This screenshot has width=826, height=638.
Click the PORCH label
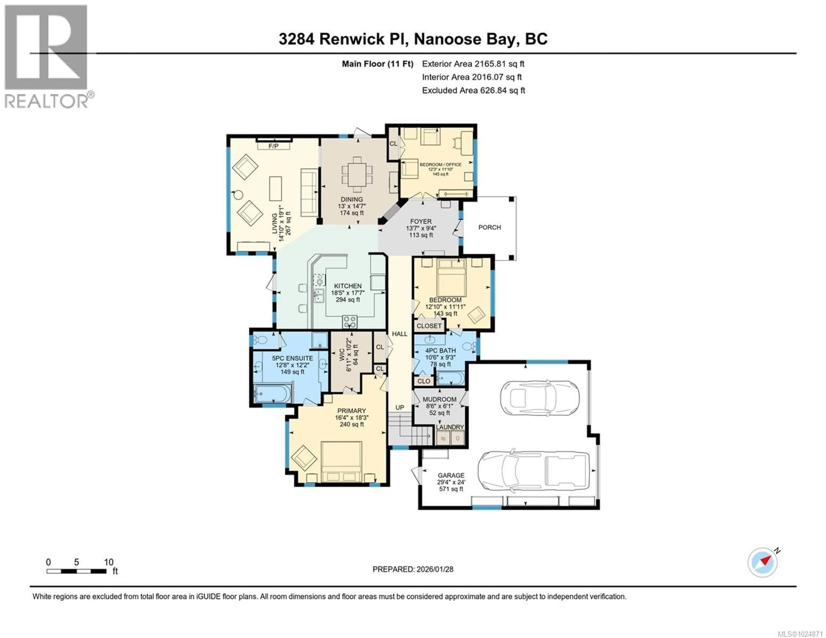[489, 227]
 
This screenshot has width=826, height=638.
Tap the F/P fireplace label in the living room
[273, 146]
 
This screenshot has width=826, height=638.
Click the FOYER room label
[421, 222]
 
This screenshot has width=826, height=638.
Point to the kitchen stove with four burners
[350, 322]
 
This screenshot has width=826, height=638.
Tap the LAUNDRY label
[450, 427]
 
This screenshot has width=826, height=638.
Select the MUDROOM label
[439, 399]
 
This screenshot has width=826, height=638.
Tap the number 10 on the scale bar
[109, 562]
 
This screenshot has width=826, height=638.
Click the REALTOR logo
[47, 57]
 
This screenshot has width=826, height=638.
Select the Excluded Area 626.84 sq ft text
[473, 90]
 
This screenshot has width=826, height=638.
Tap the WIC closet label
[342, 355]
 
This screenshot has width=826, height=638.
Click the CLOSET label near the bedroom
[429, 326]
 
